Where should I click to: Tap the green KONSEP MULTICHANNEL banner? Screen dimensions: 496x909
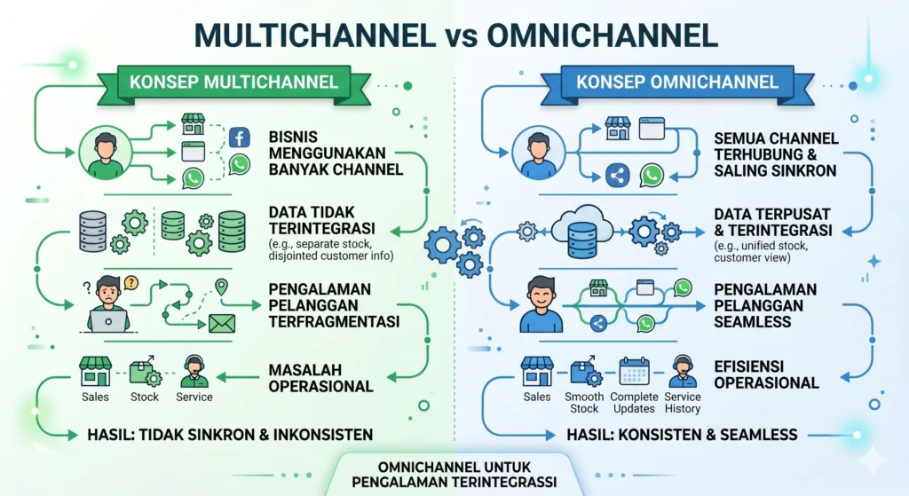(x=233, y=83)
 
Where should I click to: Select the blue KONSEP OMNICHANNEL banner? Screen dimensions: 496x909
(x=676, y=83)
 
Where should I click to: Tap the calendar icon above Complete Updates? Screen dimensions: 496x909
(x=634, y=370)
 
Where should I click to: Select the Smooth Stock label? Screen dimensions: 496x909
(x=584, y=403)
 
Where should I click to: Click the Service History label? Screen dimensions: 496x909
(x=682, y=403)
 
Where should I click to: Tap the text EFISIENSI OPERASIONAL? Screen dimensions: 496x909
(x=766, y=373)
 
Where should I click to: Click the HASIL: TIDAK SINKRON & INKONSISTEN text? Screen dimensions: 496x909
(x=230, y=435)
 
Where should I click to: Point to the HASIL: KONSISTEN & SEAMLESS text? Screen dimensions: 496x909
(x=682, y=435)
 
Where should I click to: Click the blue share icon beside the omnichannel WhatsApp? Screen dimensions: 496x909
(x=617, y=176)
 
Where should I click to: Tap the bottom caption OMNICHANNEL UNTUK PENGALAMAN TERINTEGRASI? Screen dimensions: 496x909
(x=454, y=474)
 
